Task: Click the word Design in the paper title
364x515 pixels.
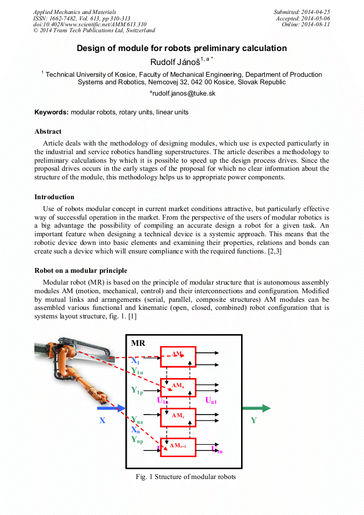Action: click(91, 48)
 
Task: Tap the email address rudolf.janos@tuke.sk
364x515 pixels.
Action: click(183, 93)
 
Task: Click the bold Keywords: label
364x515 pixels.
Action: click(52, 112)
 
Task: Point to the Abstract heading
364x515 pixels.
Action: click(48, 132)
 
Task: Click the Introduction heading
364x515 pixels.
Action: click(54, 197)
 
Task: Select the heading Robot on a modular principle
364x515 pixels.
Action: click(81, 270)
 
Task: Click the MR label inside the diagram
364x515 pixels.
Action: click(138, 343)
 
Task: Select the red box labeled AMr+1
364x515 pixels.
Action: click(178, 447)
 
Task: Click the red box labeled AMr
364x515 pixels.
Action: click(178, 417)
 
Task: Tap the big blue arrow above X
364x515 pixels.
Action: click(111, 408)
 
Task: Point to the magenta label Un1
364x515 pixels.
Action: click(211, 400)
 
